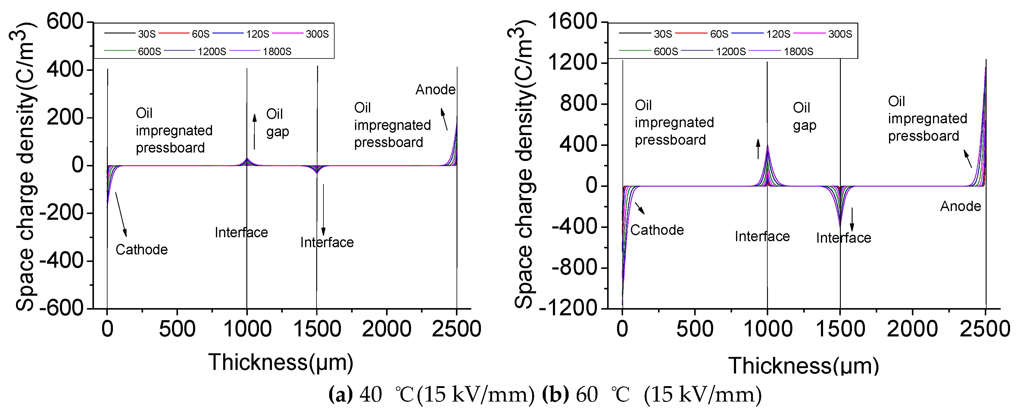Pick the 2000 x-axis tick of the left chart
point(386,329)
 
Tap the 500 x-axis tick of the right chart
point(695,329)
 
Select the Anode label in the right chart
point(961,206)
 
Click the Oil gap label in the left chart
point(277,122)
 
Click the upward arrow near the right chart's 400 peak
point(758,149)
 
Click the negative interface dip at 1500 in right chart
point(840,225)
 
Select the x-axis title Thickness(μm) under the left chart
point(281,362)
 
